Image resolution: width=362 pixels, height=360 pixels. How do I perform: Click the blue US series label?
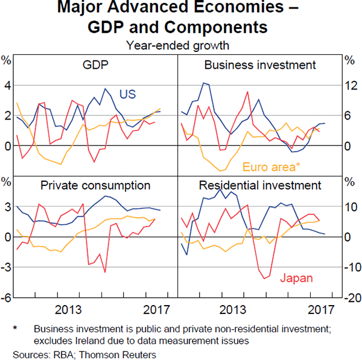point(127,94)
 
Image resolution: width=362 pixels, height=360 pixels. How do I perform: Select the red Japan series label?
point(295,278)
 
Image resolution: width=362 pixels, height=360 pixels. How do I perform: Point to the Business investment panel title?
point(260,65)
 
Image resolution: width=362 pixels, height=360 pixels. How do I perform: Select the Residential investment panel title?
point(260,185)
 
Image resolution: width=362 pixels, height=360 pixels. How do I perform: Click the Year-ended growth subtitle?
point(177,44)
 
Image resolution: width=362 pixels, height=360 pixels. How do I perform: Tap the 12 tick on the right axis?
point(349,86)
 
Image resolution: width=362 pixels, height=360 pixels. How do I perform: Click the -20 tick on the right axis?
point(350,298)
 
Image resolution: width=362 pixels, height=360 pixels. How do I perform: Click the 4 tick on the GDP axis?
point(8,86)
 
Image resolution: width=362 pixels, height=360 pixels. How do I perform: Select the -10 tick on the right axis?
point(350,268)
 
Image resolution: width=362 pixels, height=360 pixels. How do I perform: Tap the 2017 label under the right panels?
point(320,310)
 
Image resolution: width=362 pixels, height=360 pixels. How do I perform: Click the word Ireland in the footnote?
point(74,340)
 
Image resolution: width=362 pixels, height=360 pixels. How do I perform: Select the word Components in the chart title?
point(220,27)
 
